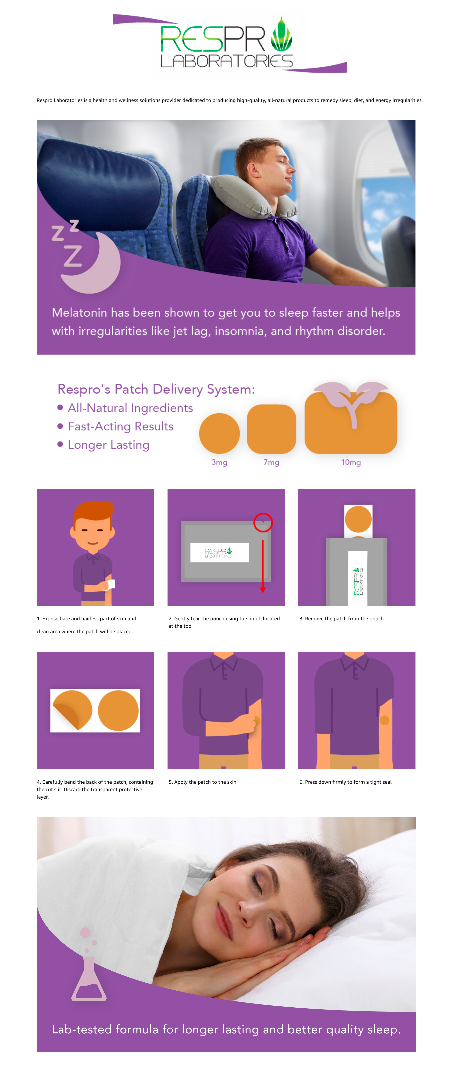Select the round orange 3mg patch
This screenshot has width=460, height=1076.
point(219,433)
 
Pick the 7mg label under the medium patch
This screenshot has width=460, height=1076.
point(271,462)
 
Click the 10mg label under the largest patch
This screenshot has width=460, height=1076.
point(351,462)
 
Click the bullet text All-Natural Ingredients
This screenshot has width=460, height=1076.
point(130,408)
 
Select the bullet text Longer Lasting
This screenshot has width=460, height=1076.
point(109,445)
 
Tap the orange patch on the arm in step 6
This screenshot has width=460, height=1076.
point(384,720)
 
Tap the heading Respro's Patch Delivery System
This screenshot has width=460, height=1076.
point(156,389)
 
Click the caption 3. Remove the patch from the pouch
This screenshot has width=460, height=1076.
point(341,619)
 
